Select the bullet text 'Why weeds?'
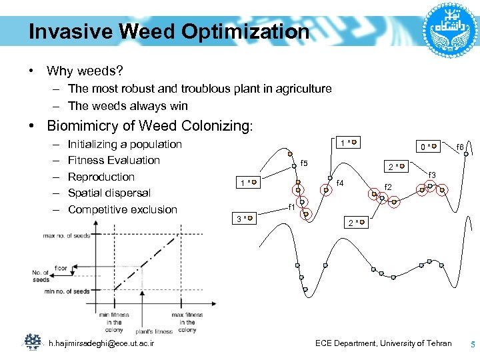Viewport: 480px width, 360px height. tap(85, 70)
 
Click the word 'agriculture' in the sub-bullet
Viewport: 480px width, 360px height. tap(300, 89)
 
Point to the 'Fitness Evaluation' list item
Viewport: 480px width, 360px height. tap(114, 160)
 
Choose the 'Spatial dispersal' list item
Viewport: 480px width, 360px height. tap(109, 193)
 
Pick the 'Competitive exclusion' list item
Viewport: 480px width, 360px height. tap(123, 209)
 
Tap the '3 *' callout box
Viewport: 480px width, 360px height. tap(245, 217)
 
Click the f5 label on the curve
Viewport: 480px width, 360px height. tap(305, 163)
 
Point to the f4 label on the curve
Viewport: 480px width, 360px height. tap(340, 183)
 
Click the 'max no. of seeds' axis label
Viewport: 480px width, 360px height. tap(67, 235)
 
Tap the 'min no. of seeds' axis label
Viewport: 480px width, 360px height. tap(67, 291)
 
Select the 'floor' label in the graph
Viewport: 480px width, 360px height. tap(61, 268)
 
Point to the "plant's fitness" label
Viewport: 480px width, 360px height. tap(154, 331)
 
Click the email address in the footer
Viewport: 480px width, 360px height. tap(102, 343)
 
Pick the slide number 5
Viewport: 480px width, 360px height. tap(473, 345)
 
